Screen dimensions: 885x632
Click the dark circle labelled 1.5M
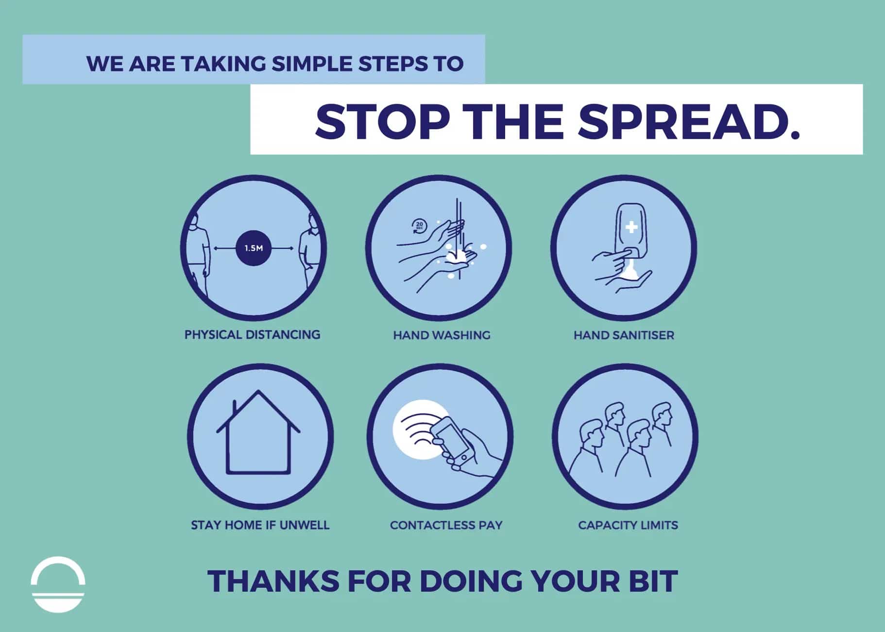click(x=254, y=248)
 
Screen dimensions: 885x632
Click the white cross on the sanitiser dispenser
click(x=631, y=227)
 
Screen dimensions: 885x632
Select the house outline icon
click(x=258, y=432)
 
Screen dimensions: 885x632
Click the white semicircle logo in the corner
click(x=58, y=584)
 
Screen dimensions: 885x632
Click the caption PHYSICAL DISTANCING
click(x=252, y=335)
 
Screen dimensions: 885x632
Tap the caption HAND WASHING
click(x=442, y=335)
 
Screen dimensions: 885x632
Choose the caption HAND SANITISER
click(x=624, y=335)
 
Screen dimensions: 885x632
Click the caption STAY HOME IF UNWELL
click(x=260, y=525)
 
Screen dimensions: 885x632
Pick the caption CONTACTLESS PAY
click(x=446, y=525)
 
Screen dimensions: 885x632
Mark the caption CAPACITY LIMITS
click(x=628, y=525)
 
